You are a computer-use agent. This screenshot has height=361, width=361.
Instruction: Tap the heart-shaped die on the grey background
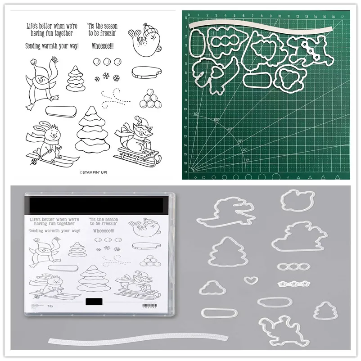[x=248, y=280]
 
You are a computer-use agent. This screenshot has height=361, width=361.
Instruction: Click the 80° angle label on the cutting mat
[x=196, y=114]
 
